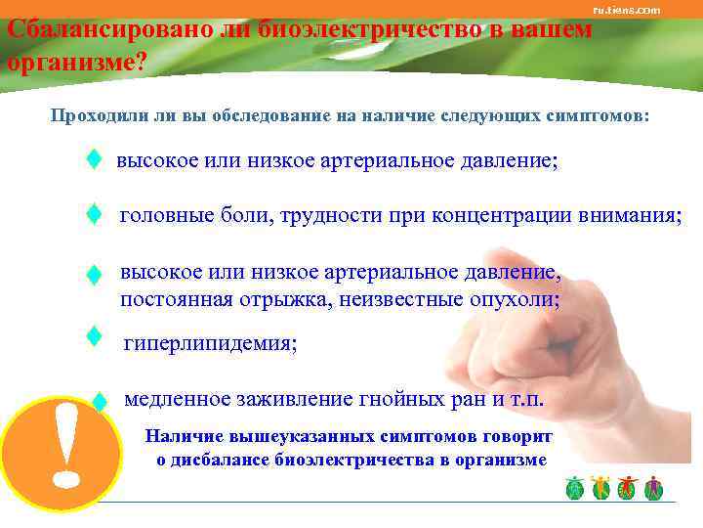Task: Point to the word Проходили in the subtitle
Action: [x=97, y=116]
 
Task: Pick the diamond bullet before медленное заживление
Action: [x=98, y=400]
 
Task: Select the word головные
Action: [x=162, y=217]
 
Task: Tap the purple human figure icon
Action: [x=653, y=487]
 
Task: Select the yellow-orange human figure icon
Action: [x=600, y=487]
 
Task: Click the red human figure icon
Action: [x=627, y=487]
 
